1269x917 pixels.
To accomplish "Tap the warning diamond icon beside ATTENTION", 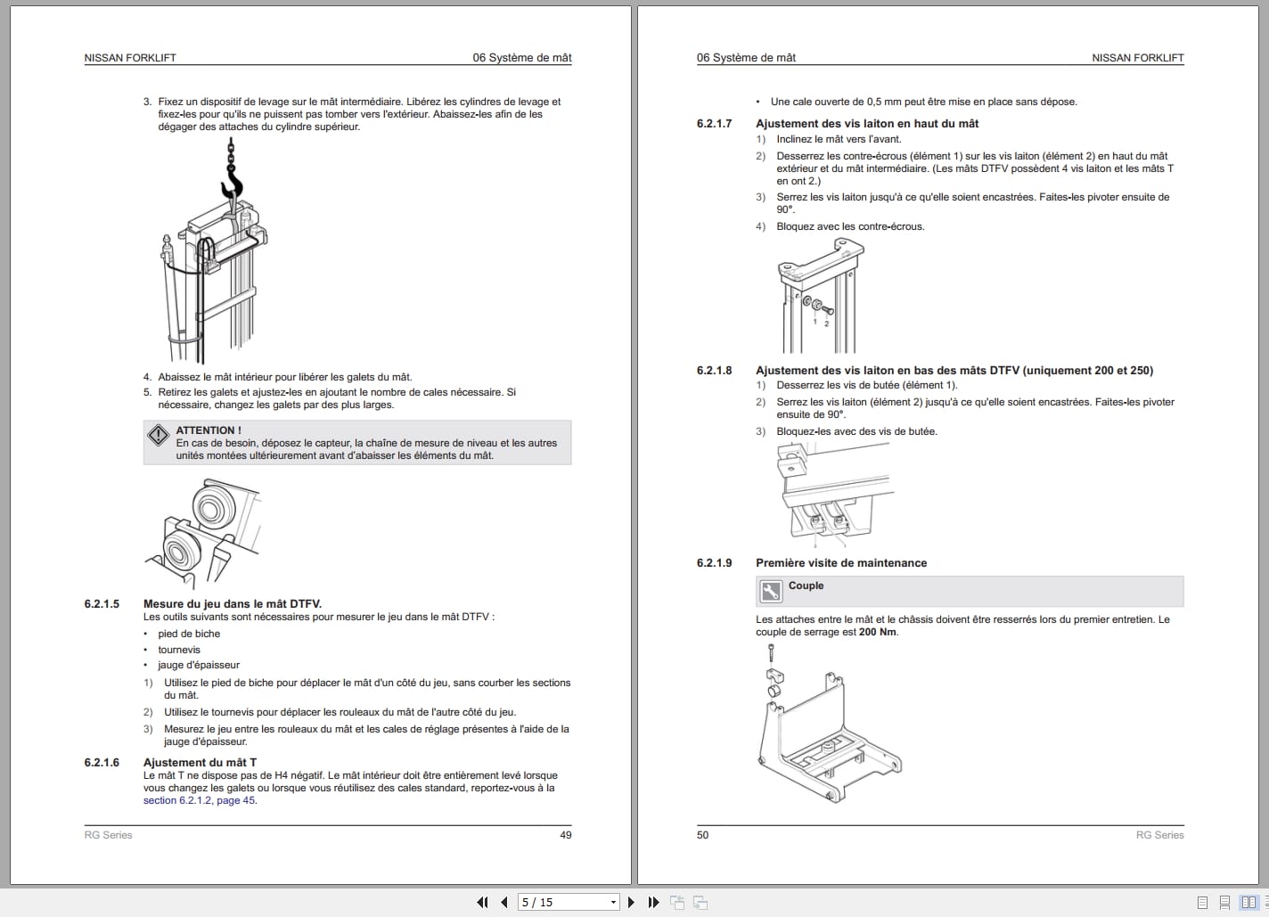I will [x=159, y=435].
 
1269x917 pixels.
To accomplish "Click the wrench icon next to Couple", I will [x=770, y=591].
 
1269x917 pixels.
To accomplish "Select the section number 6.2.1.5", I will [x=102, y=604].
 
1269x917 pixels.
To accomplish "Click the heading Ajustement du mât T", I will [x=200, y=763].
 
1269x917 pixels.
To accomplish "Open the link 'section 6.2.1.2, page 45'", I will [x=200, y=800].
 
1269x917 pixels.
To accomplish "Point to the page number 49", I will [x=565, y=835].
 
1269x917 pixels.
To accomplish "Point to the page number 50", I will [x=703, y=835].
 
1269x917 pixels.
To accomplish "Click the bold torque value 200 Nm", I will [x=878, y=632].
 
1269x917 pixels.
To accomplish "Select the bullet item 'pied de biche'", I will [x=189, y=634].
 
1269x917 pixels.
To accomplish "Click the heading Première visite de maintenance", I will [x=841, y=563].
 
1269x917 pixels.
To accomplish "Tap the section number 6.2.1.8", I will [x=714, y=371].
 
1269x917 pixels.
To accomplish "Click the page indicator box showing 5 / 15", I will [x=568, y=902].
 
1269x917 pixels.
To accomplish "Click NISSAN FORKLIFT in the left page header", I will [x=130, y=58].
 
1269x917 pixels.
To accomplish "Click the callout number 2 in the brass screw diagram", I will [x=826, y=323].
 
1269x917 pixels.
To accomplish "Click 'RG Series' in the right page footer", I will [x=1159, y=835].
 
